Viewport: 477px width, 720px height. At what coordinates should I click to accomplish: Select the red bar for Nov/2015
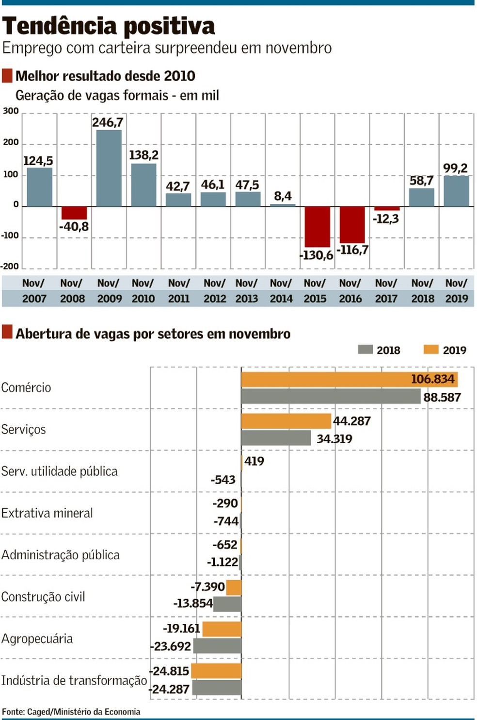click(x=317, y=227)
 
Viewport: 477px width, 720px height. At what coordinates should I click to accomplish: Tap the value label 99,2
click(x=455, y=168)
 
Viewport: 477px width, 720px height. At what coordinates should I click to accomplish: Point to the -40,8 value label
click(x=74, y=227)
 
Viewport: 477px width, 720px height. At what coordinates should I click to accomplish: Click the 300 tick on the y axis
click(x=11, y=111)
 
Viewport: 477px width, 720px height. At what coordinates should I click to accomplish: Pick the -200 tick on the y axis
click(x=10, y=266)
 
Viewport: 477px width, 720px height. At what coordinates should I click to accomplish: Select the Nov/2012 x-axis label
click(x=214, y=291)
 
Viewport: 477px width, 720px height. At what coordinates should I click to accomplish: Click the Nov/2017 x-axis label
click(x=386, y=291)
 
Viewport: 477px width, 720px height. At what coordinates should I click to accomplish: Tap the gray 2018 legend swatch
click(x=365, y=350)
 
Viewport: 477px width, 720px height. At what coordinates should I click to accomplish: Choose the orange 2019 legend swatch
click(x=430, y=350)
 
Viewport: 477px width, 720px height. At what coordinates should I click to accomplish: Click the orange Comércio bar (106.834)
click(x=349, y=379)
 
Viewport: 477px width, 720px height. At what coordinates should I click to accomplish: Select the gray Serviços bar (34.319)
click(x=276, y=438)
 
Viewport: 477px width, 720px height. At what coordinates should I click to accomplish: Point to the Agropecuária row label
click(x=37, y=638)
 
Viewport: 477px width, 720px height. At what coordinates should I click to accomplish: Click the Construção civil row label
click(x=43, y=597)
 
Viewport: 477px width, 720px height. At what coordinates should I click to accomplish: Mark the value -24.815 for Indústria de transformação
click(x=169, y=671)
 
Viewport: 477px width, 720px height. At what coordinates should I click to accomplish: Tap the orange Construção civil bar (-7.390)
click(x=234, y=587)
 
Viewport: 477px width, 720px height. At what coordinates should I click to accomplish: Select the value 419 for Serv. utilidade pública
click(x=254, y=461)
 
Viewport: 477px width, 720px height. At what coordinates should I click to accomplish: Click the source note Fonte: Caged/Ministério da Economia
click(x=71, y=712)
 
